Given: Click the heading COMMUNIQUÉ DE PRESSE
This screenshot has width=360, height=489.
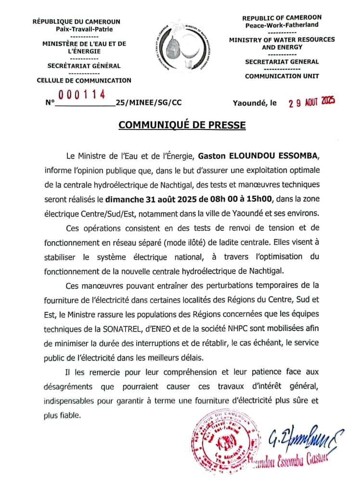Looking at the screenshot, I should tap(182, 125).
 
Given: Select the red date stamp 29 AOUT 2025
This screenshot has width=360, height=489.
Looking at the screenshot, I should tap(311, 102).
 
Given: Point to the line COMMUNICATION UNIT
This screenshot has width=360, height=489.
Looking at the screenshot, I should tap(282, 76).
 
